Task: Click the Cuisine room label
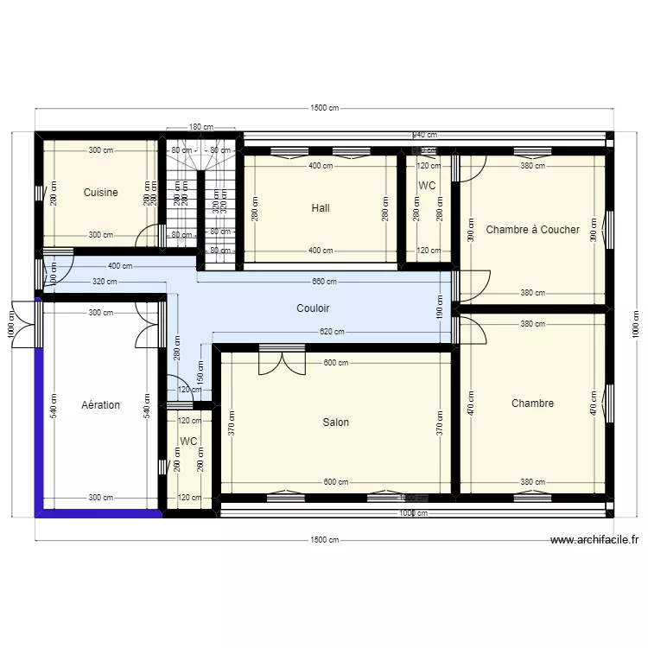pyautogui.click(x=100, y=193)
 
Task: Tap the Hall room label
pyautogui.click(x=321, y=208)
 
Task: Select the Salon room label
pyautogui.click(x=336, y=422)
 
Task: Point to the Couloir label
pyautogui.click(x=313, y=308)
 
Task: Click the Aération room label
pyautogui.click(x=100, y=405)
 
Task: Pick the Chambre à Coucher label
pyautogui.click(x=532, y=230)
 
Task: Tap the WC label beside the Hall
pyautogui.click(x=427, y=186)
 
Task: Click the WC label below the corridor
pyautogui.click(x=188, y=442)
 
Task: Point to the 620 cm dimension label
pyautogui.click(x=332, y=332)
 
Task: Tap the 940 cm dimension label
pyautogui.click(x=424, y=135)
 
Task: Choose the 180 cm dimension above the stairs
pyautogui.click(x=200, y=127)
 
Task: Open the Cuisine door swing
pyautogui.click(x=151, y=238)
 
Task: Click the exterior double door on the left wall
pyautogui.click(x=24, y=323)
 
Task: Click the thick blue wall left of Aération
pyautogui.click(x=38, y=406)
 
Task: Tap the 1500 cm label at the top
pyautogui.click(x=324, y=108)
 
